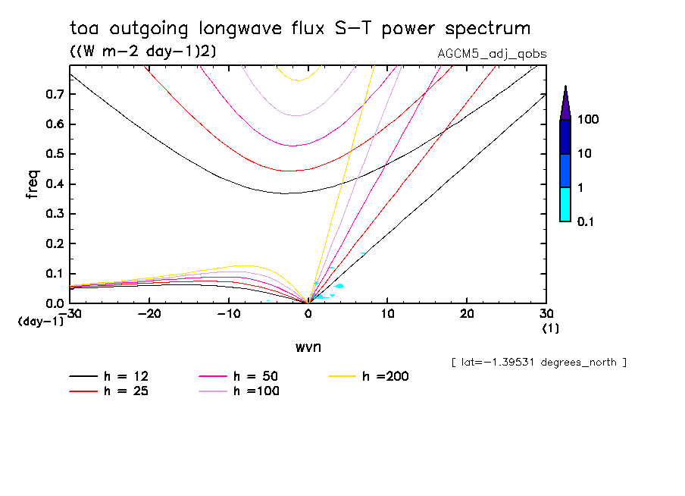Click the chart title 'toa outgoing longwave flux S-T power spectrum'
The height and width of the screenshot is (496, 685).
[x=300, y=29]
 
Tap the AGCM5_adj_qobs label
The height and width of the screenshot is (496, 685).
[x=493, y=53]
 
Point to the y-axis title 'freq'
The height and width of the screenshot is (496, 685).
[x=33, y=184]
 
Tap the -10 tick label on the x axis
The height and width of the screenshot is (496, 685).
[x=229, y=314]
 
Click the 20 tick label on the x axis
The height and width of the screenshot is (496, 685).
[x=467, y=314]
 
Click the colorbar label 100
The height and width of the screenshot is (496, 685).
[x=589, y=120]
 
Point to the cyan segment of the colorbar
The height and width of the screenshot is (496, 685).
[x=565, y=204]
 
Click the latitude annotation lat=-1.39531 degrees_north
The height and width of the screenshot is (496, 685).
[x=539, y=363]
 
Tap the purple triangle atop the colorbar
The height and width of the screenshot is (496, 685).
[x=565, y=102]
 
